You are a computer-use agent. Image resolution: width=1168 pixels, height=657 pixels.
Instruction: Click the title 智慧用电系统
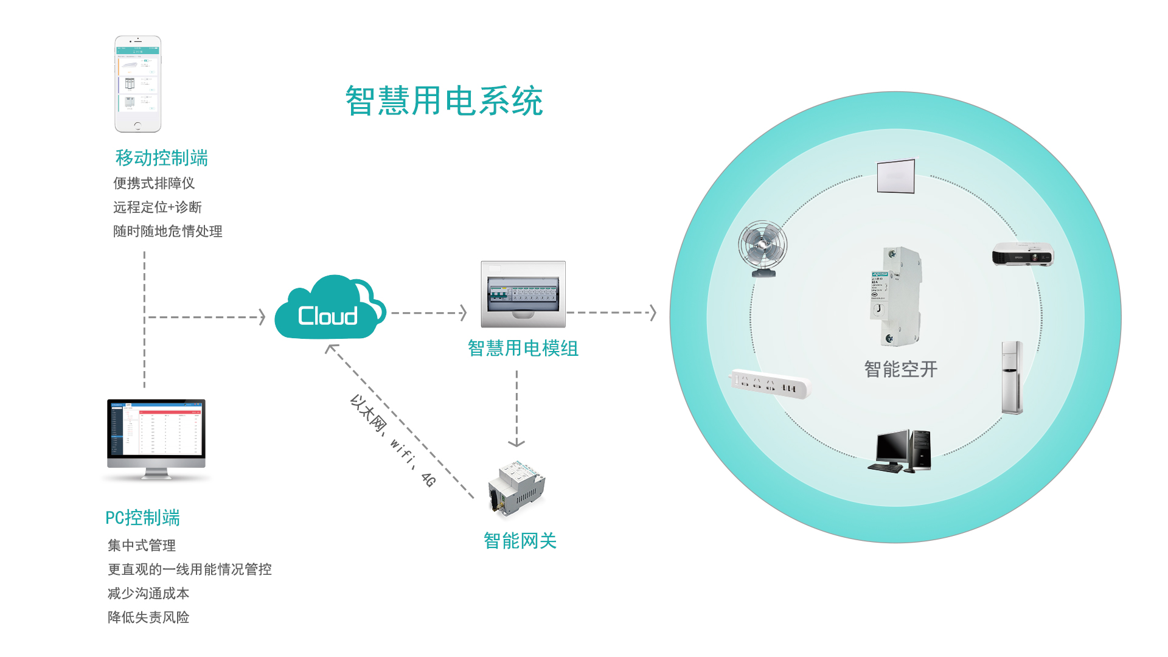pyautogui.click(x=444, y=101)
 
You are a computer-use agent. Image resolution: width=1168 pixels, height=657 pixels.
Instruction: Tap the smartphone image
pyautogui.click(x=138, y=84)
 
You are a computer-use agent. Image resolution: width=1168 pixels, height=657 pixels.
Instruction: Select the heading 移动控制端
pyautogui.click(x=162, y=158)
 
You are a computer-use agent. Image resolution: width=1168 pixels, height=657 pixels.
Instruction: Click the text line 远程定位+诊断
pyautogui.click(x=157, y=207)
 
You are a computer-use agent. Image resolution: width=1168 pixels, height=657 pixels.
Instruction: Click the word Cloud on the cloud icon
pyautogui.click(x=327, y=316)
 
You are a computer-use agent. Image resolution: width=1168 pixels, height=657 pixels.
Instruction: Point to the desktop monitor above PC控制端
pyautogui.click(x=156, y=438)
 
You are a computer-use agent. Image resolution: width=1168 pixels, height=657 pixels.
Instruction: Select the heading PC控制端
pyautogui.click(x=142, y=518)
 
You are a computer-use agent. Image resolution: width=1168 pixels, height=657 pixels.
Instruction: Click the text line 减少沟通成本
pyautogui.click(x=148, y=593)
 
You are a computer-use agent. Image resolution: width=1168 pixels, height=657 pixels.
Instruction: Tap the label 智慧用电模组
pyautogui.click(x=523, y=349)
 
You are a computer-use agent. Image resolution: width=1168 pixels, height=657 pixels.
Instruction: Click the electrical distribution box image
pyautogui.click(x=523, y=294)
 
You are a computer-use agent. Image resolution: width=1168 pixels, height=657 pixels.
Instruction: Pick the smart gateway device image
pyautogui.click(x=516, y=488)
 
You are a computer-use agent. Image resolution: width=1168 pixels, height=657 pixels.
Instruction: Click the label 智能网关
pyautogui.click(x=520, y=541)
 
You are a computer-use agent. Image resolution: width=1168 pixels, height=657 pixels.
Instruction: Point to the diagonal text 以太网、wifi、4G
pyautogui.click(x=393, y=441)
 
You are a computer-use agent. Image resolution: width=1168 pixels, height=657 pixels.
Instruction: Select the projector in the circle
pyautogui.click(x=1023, y=254)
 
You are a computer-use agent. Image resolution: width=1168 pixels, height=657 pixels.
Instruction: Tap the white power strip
pyautogui.click(x=771, y=384)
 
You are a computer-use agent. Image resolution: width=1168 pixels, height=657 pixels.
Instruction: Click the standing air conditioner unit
pyautogui.click(x=1012, y=378)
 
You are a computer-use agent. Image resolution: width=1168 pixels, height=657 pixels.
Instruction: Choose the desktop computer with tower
pyautogui.click(x=899, y=451)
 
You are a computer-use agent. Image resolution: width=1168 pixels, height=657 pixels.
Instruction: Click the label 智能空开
pyautogui.click(x=901, y=369)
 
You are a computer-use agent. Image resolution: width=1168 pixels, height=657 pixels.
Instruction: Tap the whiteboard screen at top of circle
pyautogui.click(x=896, y=176)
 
